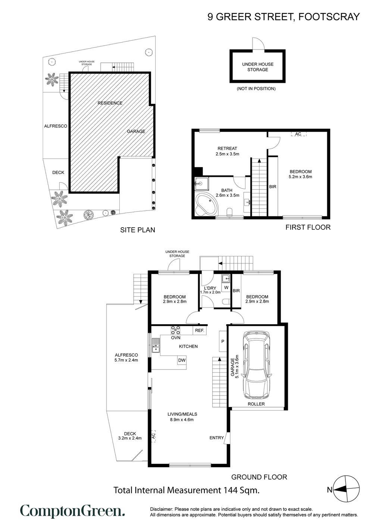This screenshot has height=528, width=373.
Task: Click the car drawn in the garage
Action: (x=257, y=366)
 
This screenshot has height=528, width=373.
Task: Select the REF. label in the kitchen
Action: (x=200, y=331)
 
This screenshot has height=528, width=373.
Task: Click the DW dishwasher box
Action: (x=182, y=360)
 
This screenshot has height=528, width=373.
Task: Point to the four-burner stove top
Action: (x=176, y=330)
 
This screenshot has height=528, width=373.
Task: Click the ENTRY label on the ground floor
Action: (x=217, y=437)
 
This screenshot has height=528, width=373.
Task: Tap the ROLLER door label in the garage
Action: (x=256, y=404)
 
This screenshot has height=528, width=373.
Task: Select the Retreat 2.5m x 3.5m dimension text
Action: (x=228, y=154)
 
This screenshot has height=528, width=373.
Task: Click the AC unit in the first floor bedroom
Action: (x=298, y=134)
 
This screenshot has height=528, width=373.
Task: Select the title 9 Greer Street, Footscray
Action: (x=283, y=17)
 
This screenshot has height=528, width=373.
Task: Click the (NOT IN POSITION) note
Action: (x=256, y=89)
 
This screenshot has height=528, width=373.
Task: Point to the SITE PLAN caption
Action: (x=138, y=230)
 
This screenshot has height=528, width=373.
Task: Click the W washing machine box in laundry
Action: (x=226, y=287)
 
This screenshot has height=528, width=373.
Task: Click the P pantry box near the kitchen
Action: (x=223, y=341)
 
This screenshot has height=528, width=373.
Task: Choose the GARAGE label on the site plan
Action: (x=136, y=131)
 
